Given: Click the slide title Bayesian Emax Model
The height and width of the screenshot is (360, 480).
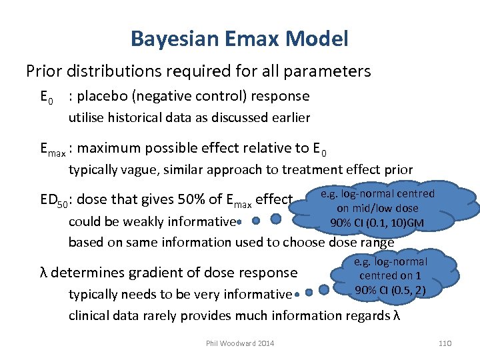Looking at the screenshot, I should pyautogui.click(x=239, y=39).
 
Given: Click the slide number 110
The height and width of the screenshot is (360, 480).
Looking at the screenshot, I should pyautogui.click(x=445, y=343).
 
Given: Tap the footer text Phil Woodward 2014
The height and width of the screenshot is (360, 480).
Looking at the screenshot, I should pyautogui.click(x=240, y=343).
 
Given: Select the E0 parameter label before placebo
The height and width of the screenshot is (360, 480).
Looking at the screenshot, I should pyautogui.click(x=46, y=97).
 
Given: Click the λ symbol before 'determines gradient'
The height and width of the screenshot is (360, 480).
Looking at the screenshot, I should pyautogui.click(x=44, y=273).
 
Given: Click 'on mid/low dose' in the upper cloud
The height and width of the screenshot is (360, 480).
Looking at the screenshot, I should pyautogui.click(x=378, y=208).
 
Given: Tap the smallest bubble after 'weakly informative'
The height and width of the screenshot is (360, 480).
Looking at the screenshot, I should pyautogui.click(x=239, y=221).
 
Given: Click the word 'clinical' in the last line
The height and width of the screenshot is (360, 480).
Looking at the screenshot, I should pyautogui.click(x=89, y=315).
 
